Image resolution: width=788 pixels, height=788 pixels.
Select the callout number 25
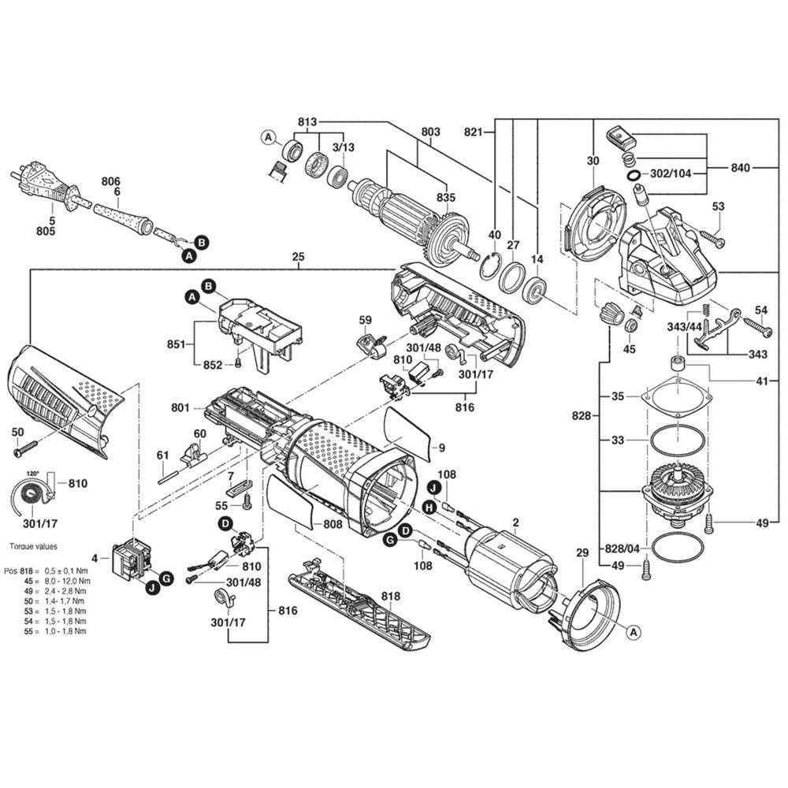pyautogui.click(x=297, y=257)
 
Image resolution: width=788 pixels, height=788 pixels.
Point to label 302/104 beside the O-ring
pyautogui.click(x=671, y=173)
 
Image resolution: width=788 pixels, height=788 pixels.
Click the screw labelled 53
pyautogui.click(x=710, y=234)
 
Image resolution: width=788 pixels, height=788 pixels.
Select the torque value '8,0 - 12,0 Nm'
pyautogui.click(x=65, y=579)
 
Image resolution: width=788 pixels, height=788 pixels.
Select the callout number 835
pyautogui.click(x=446, y=196)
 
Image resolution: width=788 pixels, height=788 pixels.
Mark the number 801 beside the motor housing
pyautogui.click(x=180, y=407)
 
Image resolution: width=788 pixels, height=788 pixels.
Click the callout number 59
pyautogui.click(x=365, y=319)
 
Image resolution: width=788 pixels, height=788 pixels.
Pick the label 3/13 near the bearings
pyautogui.click(x=343, y=147)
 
